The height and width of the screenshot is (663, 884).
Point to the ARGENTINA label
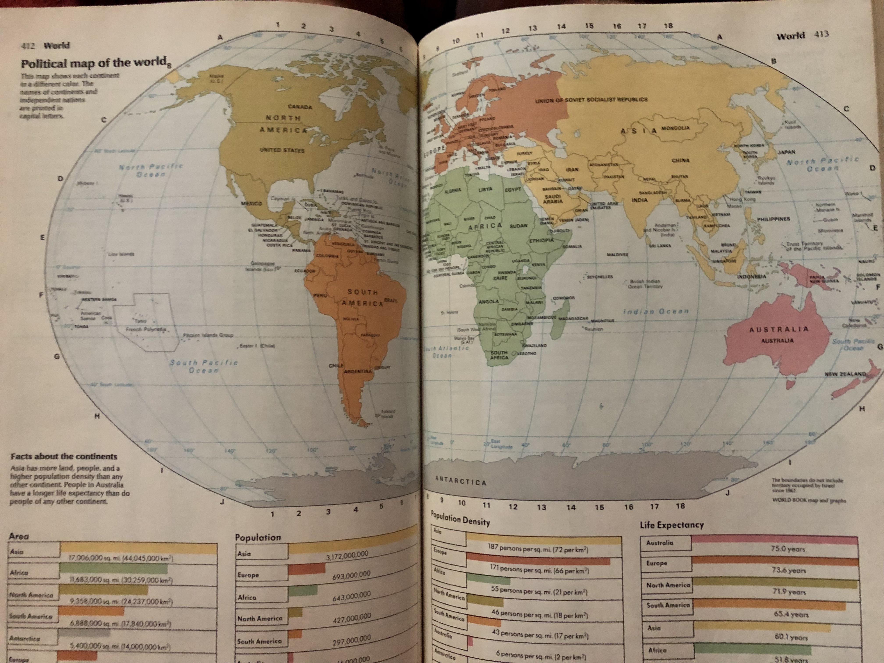358,371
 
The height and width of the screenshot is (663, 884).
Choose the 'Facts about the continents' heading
64,456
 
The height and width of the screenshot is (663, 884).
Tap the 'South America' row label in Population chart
259,641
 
